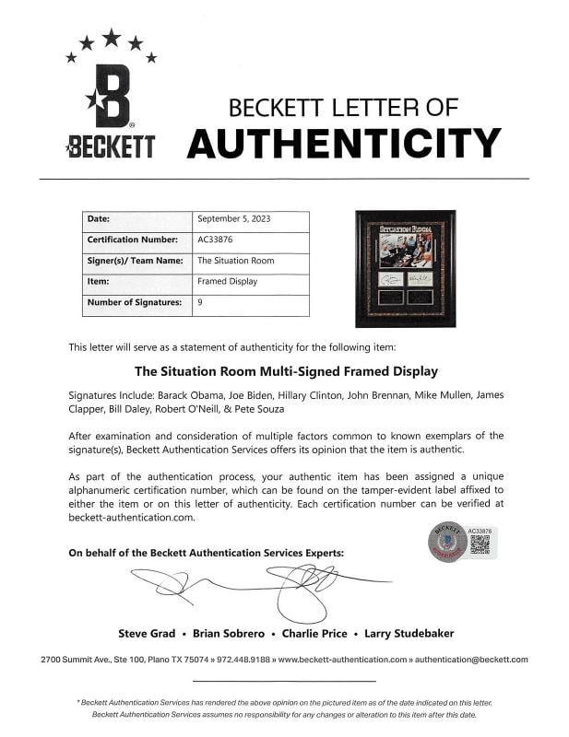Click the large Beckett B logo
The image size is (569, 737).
pyautogui.click(x=112, y=96)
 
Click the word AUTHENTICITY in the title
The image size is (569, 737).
pyautogui.click(x=344, y=143)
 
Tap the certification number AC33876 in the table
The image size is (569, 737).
pyautogui.click(x=215, y=240)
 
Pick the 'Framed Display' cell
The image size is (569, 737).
pyautogui.click(x=227, y=281)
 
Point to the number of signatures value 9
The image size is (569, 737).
pyautogui.click(x=200, y=302)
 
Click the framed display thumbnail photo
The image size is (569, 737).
pyautogui.click(x=405, y=268)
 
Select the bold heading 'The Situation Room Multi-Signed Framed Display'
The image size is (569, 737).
pyautogui.click(x=286, y=372)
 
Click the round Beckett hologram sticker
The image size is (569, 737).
pyautogui.click(x=446, y=541)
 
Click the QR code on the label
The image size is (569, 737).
pyautogui.click(x=480, y=544)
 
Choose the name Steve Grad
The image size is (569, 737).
pyautogui.click(x=150, y=633)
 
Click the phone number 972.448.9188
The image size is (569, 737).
pyautogui.click(x=244, y=660)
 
